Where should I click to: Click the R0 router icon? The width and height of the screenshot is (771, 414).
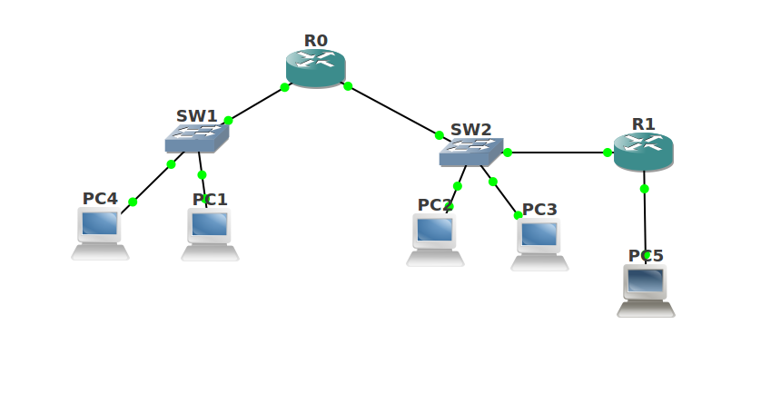(315, 68)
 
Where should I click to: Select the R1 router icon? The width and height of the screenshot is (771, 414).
(643, 152)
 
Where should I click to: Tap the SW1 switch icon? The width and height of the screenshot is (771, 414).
(196, 138)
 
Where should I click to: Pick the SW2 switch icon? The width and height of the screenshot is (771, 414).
(470, 152)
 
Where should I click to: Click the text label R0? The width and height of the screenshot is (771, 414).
(315, 41)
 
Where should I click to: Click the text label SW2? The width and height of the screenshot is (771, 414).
(470, 130)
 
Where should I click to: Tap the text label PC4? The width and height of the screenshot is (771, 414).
(100, 199)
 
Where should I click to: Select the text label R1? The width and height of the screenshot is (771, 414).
(643, 124)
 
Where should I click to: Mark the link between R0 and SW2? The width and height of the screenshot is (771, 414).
(393, 111)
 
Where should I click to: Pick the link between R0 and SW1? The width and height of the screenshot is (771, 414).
(256, 103)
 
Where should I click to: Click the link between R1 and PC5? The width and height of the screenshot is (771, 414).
(645, 222)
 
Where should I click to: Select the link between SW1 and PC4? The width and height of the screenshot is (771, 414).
(152, 183)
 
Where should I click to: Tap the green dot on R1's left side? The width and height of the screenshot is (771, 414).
(608, 153)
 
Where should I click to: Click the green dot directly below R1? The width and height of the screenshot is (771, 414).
(644, 189)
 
